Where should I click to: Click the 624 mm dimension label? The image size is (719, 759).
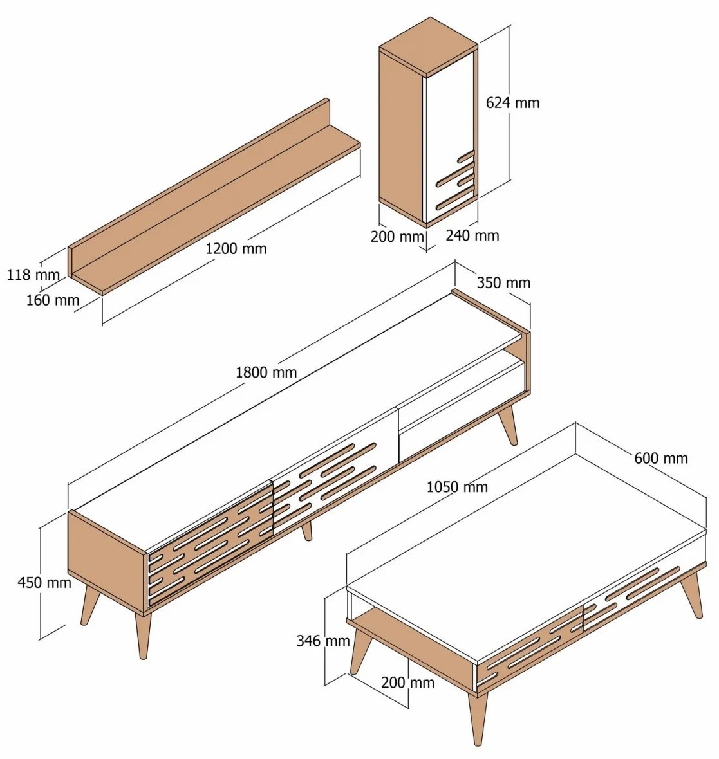pos(512,103)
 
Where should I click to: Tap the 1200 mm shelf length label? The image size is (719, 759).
pos(236,249)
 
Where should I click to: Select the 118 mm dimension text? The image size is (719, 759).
pos(33,275)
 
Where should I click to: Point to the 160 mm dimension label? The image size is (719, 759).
pos(52,300)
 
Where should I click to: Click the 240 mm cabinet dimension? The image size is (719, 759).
pos(472,235)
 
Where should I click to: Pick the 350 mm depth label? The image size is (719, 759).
pos(503,282)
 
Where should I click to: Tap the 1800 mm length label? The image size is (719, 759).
pos(266,372)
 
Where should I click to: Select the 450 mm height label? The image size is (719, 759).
pos(44,582)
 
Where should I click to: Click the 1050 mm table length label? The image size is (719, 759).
pos(457,487)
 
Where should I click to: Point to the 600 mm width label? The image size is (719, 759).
pos(661,458)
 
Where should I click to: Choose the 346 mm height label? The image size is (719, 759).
pos(323,641)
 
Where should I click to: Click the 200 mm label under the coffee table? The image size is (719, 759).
pos(407,682)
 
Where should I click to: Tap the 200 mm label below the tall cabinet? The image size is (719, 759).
pos(397,237)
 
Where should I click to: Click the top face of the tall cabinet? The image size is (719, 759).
pos(428,46)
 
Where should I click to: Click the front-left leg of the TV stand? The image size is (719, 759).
pos(144,636)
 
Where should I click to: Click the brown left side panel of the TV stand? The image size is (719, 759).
pos(107,563)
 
